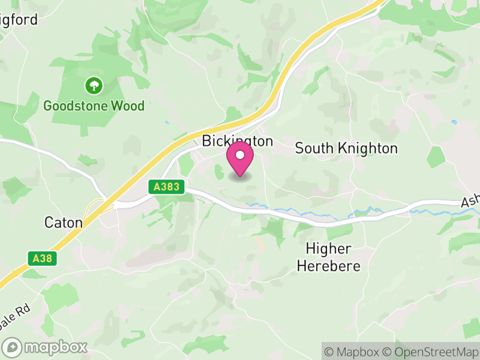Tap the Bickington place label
click(237, 142)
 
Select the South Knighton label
click(346, 148)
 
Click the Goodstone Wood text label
click(94, 106)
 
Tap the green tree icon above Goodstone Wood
click(94, 85)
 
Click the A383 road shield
click(166, 187)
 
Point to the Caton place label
click(63, 223)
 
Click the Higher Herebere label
click(329, 257)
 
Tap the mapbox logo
click(46, 347)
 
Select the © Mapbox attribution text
click(356, 352)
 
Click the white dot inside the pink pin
click(240, 155)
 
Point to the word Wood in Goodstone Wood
click(130, 106)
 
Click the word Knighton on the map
click(367, 148)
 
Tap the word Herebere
click(329, 266)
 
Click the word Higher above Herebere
click(329, 248)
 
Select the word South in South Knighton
click(313, 148)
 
